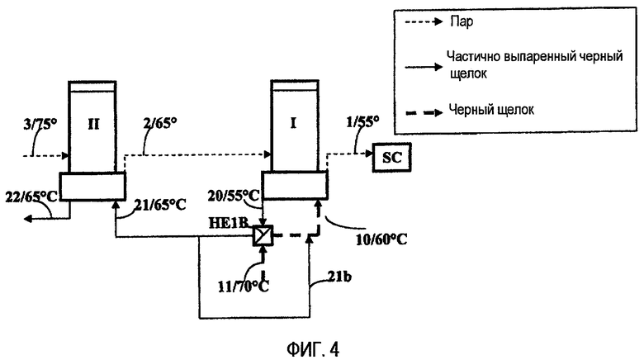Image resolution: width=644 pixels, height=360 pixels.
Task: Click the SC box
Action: tap(391, 158)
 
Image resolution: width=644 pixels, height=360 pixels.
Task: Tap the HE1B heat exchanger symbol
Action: tap(263, 236)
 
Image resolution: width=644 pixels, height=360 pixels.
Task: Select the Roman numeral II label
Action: tap(93, 124)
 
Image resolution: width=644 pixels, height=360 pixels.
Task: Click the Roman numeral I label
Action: tap(293, 123)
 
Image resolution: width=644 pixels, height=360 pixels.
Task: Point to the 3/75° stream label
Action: tap(40, 124)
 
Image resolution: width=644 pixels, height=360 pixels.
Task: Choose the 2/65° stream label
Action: tap(160, 122)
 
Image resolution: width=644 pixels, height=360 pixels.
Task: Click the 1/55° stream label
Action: tap(362, 122)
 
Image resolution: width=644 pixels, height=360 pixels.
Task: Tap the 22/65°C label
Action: tap(31, 197)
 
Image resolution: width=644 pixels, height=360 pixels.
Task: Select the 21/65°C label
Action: tap(160, 204)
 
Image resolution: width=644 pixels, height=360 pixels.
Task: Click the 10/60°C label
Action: tap(381, 239)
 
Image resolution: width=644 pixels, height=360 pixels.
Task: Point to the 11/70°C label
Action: tap(243, 286)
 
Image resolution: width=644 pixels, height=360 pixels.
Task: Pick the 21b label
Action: tap(339, 277)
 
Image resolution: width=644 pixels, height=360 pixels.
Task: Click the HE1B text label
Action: tap(229, 222)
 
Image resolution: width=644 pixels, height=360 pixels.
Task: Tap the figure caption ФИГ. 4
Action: tap(313, 350)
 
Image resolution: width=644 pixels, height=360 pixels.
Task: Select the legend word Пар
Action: tap(462, 21)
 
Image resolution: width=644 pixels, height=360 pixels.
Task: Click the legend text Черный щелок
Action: tap(491, 110)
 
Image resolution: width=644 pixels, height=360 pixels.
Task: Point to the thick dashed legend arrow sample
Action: tap(424, 111)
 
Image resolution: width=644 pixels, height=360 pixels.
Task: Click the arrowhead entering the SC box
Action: tap(368, 154)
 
